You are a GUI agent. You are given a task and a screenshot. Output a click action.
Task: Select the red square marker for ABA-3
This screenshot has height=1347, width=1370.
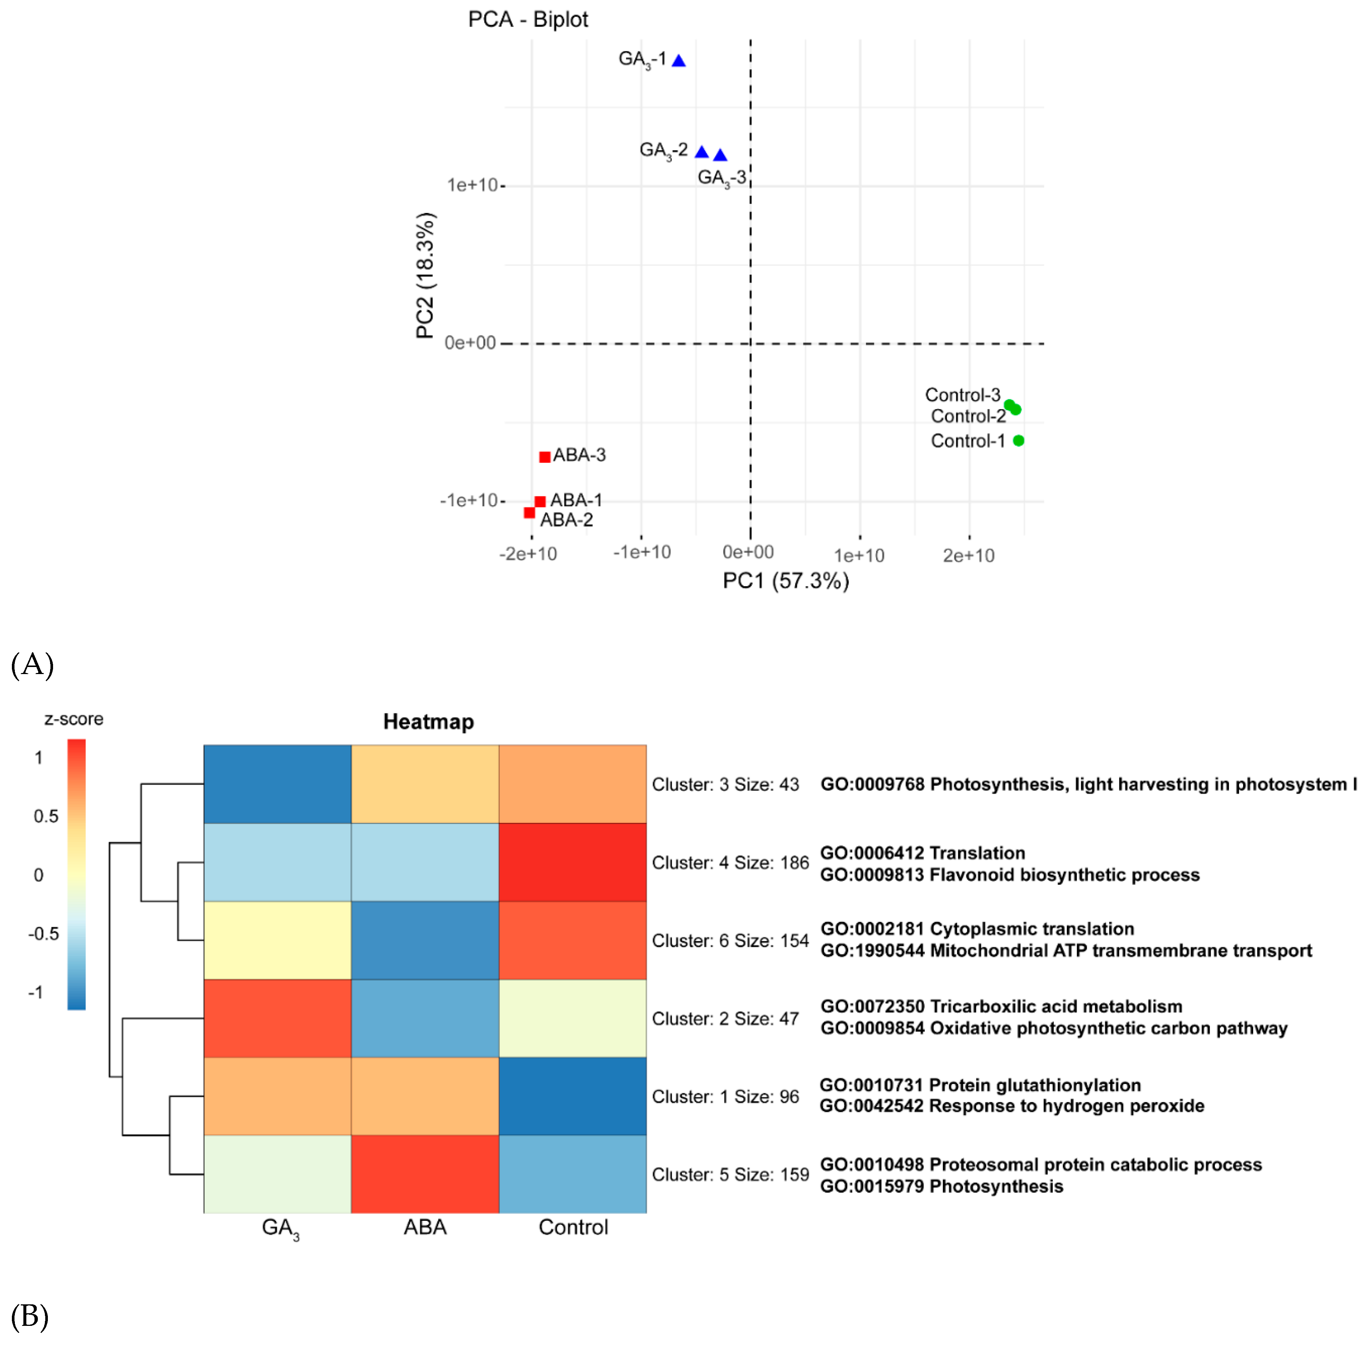544,457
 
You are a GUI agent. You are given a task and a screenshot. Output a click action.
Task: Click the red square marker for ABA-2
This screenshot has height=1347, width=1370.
529,512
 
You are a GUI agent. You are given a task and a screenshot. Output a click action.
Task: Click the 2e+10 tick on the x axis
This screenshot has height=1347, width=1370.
968,555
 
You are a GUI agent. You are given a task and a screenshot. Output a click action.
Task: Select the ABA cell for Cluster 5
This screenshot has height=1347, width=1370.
425,1174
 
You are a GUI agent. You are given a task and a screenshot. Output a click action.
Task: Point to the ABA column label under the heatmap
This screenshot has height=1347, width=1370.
425,1227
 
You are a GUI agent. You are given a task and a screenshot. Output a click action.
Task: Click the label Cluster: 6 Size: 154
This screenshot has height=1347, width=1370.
730,940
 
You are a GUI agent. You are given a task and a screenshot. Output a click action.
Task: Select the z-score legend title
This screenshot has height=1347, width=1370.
73,719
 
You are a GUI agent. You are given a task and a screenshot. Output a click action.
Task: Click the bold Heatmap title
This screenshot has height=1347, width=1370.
428,722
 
